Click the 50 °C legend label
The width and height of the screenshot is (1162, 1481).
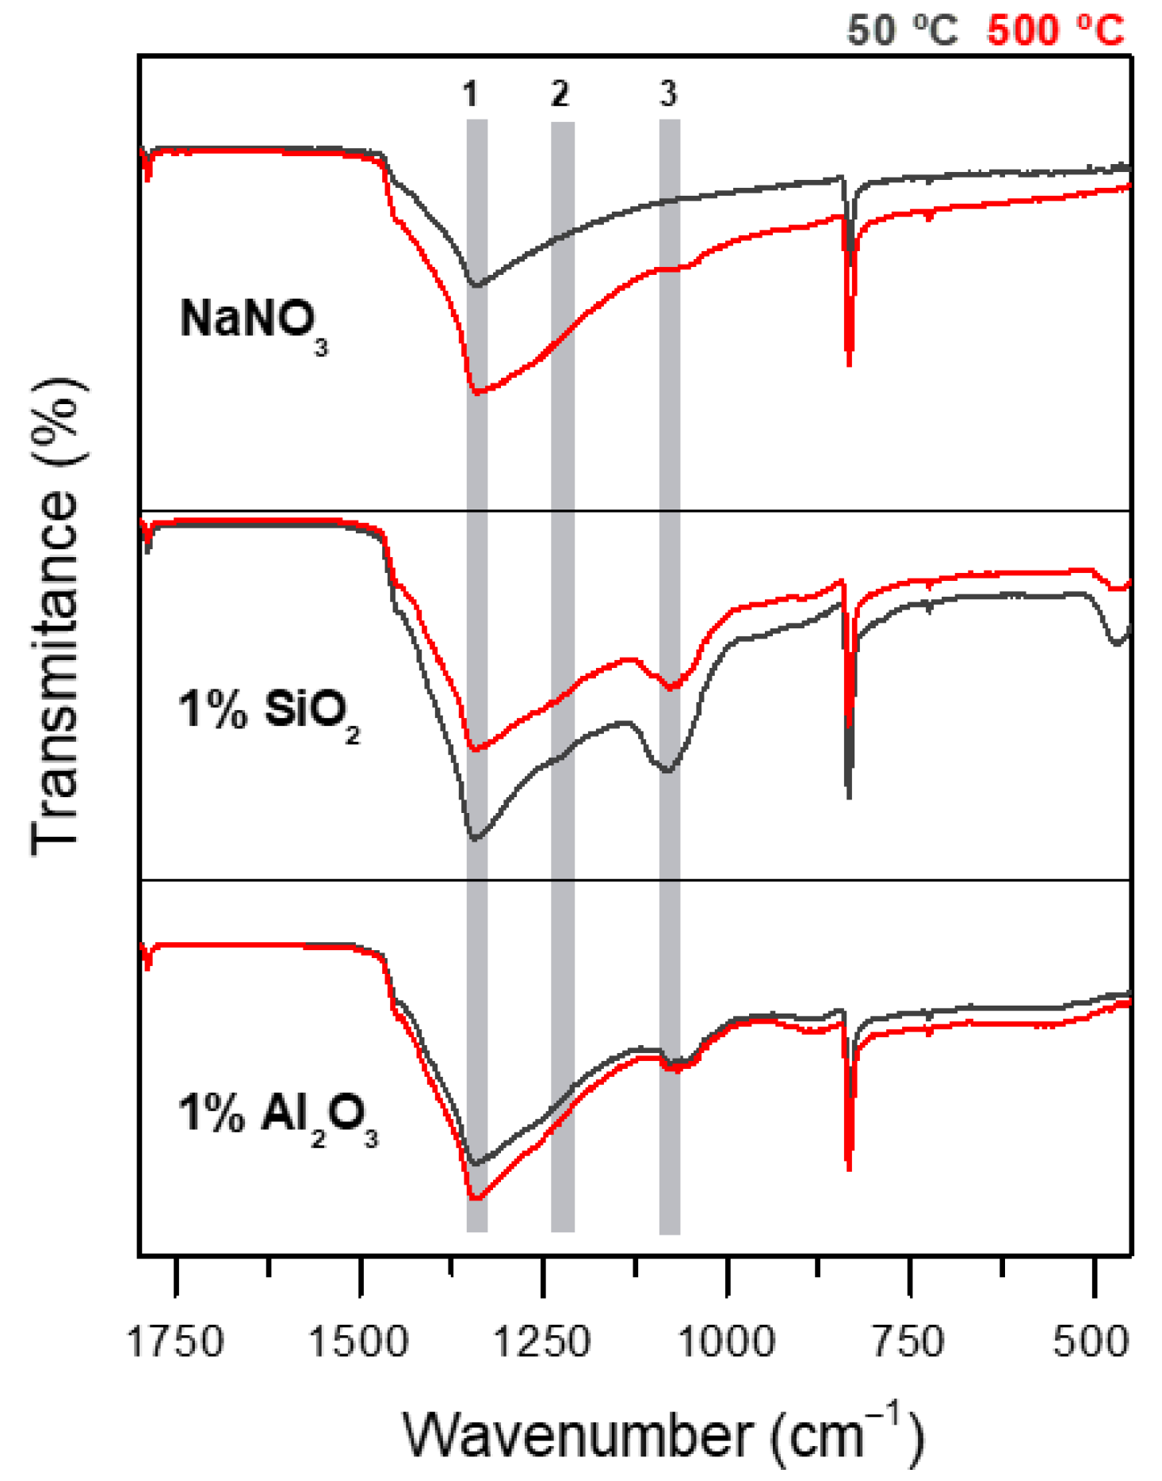[x=902, y=30]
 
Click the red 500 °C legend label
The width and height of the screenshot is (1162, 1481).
[x=1055, y=30]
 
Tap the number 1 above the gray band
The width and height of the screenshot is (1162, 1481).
[x=471, y=94]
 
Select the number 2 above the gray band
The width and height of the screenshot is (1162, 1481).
[x=560, y=94]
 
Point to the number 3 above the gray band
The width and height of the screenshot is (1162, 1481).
[x=668, y=94]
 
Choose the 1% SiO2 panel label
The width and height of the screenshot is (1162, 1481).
[x=268, y=711]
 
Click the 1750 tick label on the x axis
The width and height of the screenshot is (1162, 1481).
[x=175, y=1342]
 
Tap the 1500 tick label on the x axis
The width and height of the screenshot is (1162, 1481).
[x=358, y=1342]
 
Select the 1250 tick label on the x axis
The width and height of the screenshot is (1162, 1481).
[x=542, y=1342]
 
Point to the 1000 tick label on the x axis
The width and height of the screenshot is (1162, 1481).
[x=727, y=1342]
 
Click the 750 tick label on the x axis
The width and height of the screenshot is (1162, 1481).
[x=908, y=1342]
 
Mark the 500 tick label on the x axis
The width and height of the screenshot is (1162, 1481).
[x=1091, y=1342]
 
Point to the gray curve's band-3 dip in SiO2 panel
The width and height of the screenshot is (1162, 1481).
[x=667, y=769]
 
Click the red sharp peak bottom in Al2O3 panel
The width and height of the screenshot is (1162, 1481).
[x=849, y=1168]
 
